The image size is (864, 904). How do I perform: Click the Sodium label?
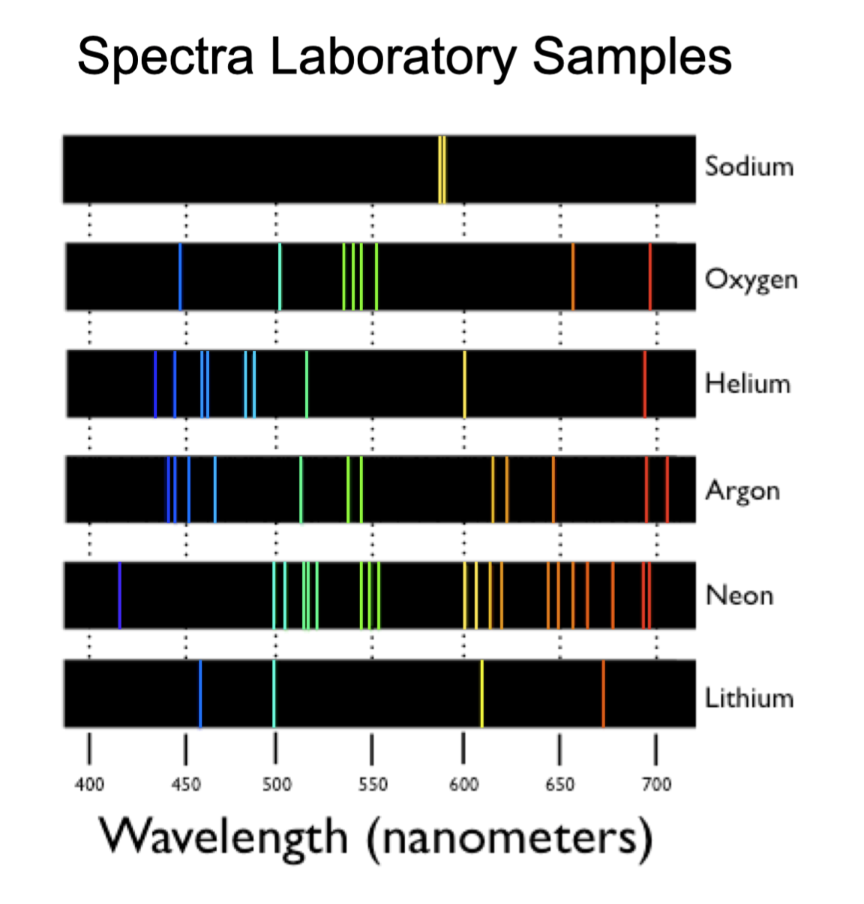748,166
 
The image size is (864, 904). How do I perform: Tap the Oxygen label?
751,279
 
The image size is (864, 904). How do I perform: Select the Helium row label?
747,384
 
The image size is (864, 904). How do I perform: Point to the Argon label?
742,491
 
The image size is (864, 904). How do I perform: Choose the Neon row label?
739,596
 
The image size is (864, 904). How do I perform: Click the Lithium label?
748,699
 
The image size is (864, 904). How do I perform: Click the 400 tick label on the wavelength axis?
89,785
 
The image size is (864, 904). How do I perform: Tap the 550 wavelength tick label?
373,785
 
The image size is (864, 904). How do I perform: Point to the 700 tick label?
656,785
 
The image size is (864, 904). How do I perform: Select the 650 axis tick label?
559,785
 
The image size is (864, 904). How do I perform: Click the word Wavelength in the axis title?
223,837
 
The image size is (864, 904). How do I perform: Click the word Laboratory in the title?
393,57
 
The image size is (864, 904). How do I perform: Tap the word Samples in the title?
631,57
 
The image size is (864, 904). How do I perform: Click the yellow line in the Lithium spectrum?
481,693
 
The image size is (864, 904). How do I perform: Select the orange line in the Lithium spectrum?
603,693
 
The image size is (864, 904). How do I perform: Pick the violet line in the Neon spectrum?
119,595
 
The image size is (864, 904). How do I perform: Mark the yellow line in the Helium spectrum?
464,384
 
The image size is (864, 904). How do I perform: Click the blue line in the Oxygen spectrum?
180,277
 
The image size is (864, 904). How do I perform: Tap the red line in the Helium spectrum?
644,384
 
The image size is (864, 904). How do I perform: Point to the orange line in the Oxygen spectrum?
573,277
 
